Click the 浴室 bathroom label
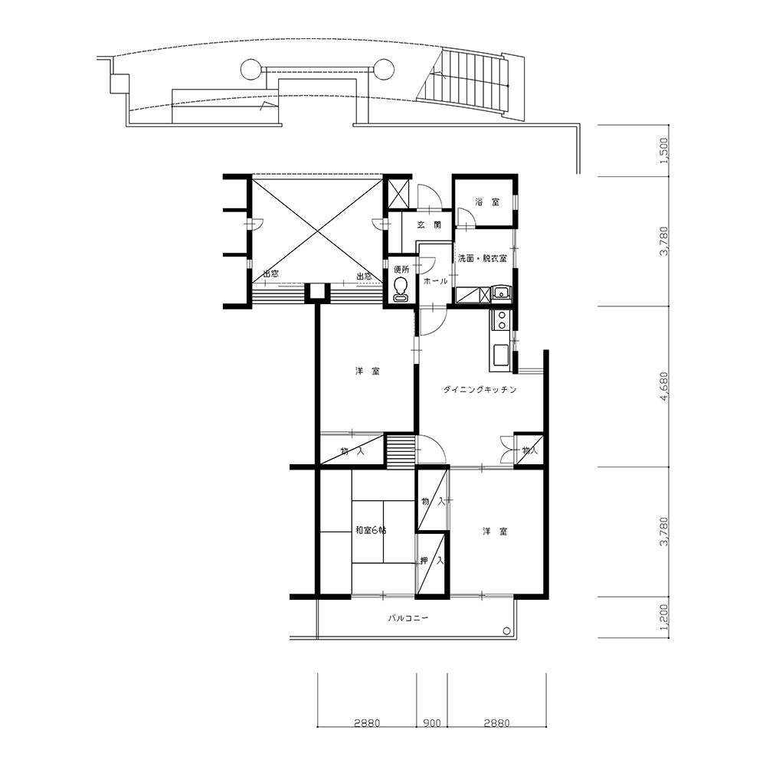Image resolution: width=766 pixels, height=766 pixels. click(487, 201)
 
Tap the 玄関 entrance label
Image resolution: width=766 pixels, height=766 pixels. click(429, 224)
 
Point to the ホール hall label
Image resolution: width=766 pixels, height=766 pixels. click(435, 281)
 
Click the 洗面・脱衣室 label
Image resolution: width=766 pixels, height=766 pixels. click(482, 258)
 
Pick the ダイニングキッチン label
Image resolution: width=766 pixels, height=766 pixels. click(480, 389)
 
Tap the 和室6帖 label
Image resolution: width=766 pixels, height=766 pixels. click(370, 530)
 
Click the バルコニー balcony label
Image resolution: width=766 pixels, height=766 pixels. click(408, 618)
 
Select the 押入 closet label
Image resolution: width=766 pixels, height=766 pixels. click(432, 561)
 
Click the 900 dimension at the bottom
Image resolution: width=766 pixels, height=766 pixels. click(432, 722)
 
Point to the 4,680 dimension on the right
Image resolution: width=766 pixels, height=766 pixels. click(664, 387)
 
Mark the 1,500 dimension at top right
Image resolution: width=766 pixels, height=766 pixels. click(664, 150)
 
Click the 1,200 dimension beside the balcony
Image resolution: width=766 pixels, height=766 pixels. click(664, 617)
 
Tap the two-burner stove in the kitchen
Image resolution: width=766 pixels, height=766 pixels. click(501, 320)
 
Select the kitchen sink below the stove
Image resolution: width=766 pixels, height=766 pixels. click(501, 355)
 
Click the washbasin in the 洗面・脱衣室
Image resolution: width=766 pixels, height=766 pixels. click(501, 294)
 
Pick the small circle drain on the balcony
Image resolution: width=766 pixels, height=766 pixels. click(507, 630)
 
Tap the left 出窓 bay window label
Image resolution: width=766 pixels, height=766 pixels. click(270, 273)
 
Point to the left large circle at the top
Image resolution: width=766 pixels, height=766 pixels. click(251, 70)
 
